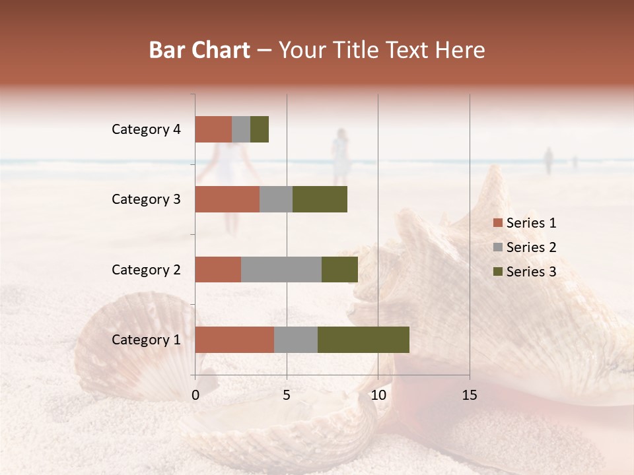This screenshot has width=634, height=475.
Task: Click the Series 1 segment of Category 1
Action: tap(234, 340)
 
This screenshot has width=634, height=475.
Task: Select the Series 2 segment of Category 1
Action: tap(296, 340)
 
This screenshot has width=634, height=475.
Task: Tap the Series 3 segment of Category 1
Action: tap(363, 340)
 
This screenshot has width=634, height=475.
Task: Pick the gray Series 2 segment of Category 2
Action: tap(281, 269)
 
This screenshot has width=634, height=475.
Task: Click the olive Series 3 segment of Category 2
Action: tap(339, 269)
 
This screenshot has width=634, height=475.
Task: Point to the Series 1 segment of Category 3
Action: tap(227, 199)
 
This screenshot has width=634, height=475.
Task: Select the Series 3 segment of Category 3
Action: tap(320, 199)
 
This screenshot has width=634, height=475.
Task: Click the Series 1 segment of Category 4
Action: tap(213, 129)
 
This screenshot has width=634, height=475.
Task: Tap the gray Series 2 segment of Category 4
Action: tap(241, 129)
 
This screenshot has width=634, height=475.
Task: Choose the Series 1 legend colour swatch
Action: tap(497, 223)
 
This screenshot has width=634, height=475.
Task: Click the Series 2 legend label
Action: tap(531, 247)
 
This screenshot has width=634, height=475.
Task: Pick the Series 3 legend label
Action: tap(531, 272)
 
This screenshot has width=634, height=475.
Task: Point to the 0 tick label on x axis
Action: tap(195, 395)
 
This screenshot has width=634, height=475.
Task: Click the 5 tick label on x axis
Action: tap(287, 395)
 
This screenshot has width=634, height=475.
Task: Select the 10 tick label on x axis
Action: tap(378, 395)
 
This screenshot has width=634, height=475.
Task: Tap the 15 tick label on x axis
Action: tap(469, 395)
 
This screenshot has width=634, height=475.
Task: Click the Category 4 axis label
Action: tap(146, 129)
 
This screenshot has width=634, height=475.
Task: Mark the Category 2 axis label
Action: tap(146, 269)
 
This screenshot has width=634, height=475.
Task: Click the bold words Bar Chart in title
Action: tap(199, 50)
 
